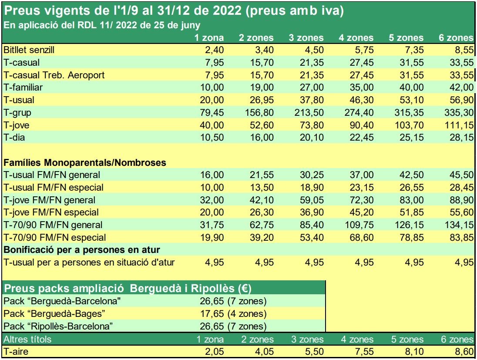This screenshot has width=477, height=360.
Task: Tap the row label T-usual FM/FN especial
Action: tap(53, 188)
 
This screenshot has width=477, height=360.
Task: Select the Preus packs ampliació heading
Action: tap(81, 289)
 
